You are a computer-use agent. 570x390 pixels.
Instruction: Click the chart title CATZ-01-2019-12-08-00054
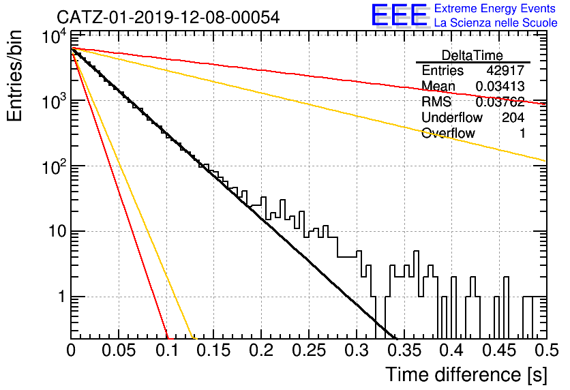[x=168, y=17]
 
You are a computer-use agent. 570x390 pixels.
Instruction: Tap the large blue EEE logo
[x=400, y=15]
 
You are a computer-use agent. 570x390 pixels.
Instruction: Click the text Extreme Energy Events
[x=495, y=8]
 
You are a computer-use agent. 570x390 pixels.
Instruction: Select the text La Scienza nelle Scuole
[x=496, y=23]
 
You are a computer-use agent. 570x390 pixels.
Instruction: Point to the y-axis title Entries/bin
[x=15, y=76]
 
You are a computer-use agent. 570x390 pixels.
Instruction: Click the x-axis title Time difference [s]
[x=466, y=375]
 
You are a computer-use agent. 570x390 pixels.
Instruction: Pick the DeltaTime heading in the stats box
[x=472, y=55]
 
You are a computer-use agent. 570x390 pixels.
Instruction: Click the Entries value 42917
[x=505, y=70]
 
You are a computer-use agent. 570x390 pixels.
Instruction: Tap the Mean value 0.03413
[x=500, y=86]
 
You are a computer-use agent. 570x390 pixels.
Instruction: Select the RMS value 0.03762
[x=500, y=102]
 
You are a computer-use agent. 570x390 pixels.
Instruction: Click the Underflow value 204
[x=513, y=117]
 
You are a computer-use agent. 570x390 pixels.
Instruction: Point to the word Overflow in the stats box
[x=448, y=134]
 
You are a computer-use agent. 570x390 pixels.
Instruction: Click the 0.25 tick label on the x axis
[x=309, y=350]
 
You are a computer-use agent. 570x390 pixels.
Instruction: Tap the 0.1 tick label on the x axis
[x=167, y=350]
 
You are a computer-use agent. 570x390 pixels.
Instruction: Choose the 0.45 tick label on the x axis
[x=500, y=350]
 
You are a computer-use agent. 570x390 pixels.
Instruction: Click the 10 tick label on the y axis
[x=57, y=232]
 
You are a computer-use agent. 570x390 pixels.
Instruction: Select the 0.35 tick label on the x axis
[x=404, y=350]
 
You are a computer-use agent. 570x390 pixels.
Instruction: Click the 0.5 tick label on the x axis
[x=547, y=350]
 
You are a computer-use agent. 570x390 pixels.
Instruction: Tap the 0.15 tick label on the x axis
[x=214, y=350]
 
